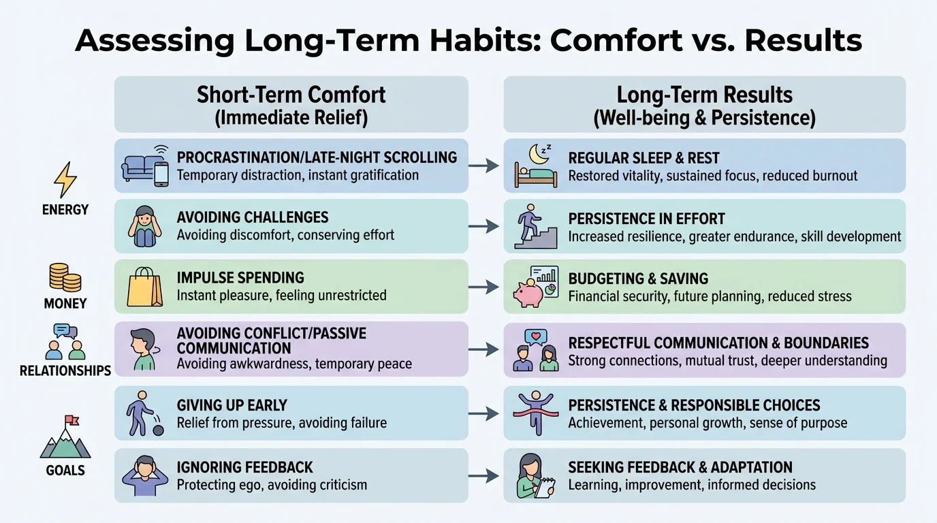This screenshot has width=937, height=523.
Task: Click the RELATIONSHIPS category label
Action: (65, 371)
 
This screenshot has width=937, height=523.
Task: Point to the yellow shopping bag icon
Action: (145, 287)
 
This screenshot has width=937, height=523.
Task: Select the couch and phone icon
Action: (145, 165)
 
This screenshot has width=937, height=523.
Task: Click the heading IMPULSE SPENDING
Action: (240, 278)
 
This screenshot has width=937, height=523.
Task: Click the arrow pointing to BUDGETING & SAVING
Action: (485, 287)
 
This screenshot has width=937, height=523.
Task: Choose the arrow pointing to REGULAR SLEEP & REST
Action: (485, 166)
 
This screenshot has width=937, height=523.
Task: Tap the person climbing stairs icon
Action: (535, 227)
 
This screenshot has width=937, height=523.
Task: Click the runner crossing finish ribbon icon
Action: (535, 412)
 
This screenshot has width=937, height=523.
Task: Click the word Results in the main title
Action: (803, 40)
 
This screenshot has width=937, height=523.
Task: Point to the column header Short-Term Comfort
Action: (291, 95)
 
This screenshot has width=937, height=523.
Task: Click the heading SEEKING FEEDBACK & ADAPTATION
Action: (680, 467)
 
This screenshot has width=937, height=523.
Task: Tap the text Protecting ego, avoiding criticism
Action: (272, 485)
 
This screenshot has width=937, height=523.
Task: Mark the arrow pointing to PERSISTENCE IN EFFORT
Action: (485, 227)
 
